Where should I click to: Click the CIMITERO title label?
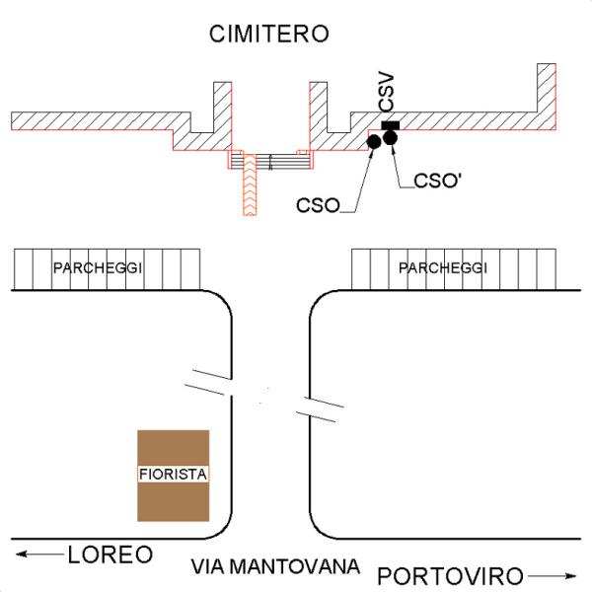pos(268,34)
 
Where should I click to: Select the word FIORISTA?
pos(173,475)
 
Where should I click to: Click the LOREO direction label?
pos(111,555)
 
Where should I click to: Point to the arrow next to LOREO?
pos(39,554)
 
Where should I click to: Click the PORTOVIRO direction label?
pos(450,576)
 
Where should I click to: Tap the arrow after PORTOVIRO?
pos(552,576)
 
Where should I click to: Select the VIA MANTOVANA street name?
pos(275,566)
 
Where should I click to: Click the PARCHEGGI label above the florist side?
pos(98,268)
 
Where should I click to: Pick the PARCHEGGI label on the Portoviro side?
pos(443,268)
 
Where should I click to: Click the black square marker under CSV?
pos(391,125)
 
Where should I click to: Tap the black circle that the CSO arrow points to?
pos(374,141)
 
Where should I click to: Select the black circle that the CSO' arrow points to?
pos(390,137)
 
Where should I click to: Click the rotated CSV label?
pos(386,93)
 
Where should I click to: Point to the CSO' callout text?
pos(438,181)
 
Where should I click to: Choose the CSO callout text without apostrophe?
pos(319,206)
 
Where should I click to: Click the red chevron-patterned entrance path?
pos(250,185)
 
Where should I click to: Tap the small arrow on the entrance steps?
pos(270,163)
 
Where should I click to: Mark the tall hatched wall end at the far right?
pos(547,88)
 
